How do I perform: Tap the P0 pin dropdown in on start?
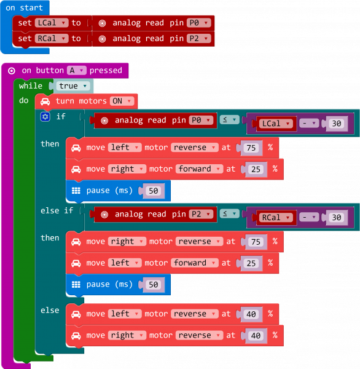click(198, 23)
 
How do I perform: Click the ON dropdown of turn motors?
click(122, 101)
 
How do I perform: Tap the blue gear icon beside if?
click(45, 116)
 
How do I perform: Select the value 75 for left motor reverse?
click(250, 148)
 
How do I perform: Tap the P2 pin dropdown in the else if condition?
click(201, 214)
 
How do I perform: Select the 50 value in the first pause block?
click(154, 191)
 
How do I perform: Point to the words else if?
click(57, 210)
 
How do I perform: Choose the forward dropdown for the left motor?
click(193, 263)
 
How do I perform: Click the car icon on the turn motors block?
click(45, 101)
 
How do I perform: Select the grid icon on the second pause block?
click(76, 284)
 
